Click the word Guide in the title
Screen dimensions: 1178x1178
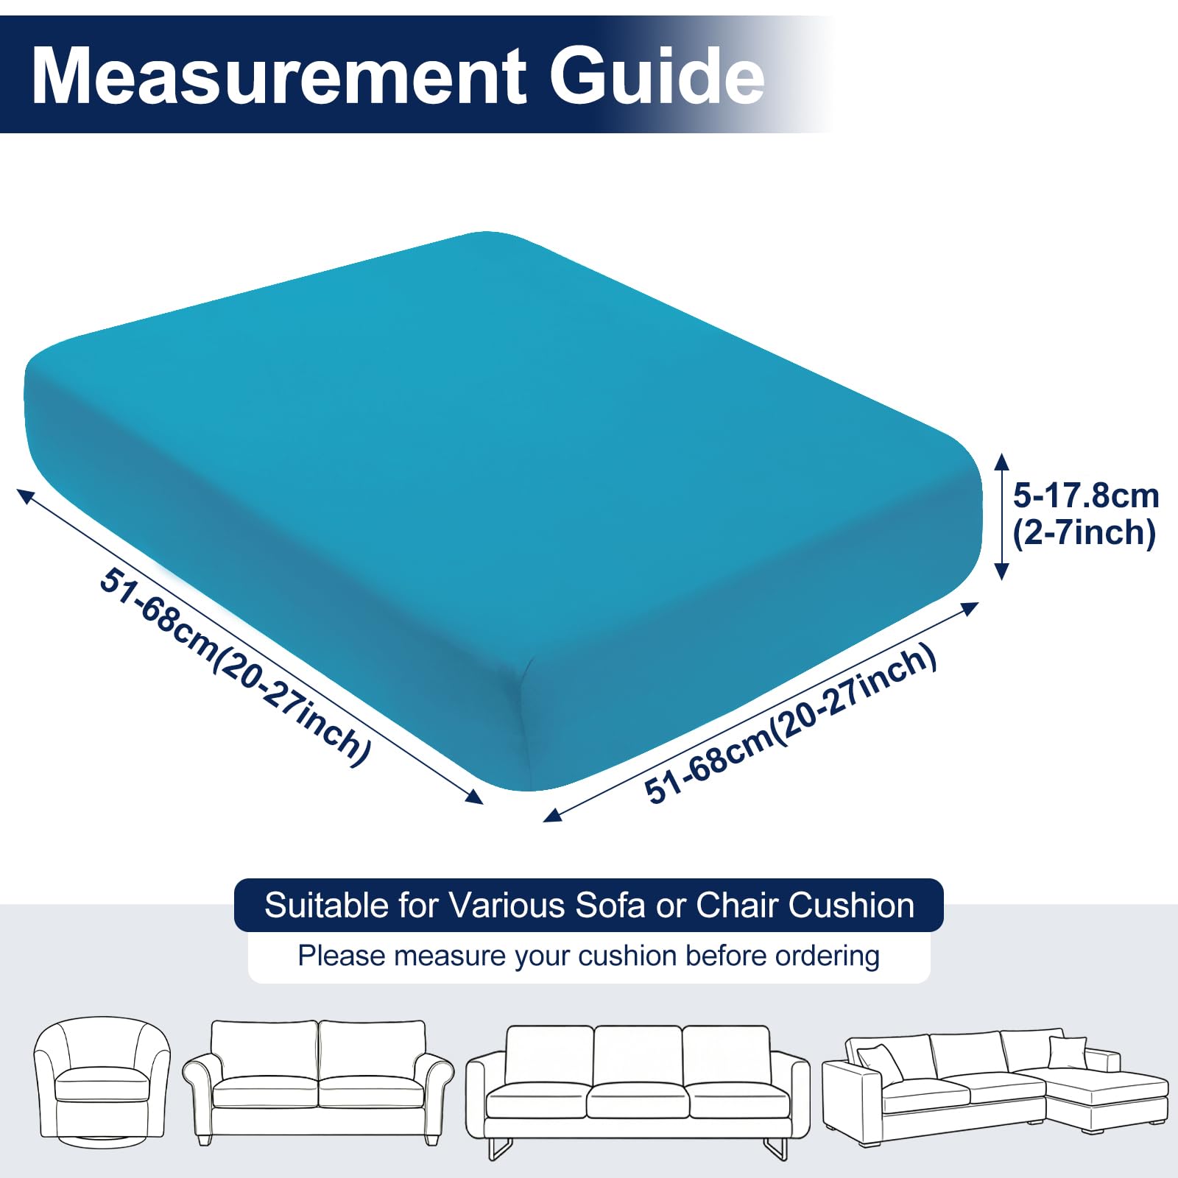(657, 76)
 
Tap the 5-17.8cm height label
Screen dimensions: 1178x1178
(1086, 495)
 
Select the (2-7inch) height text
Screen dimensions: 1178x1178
(1084, 532)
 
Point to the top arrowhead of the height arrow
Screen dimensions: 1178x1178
(1001, 461)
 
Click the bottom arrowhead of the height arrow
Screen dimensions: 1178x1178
(1001, 571)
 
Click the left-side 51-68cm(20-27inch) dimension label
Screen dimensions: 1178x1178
(235, 666)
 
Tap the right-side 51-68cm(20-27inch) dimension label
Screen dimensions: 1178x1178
(790, 723)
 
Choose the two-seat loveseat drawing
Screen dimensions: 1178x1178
(318, 1082)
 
